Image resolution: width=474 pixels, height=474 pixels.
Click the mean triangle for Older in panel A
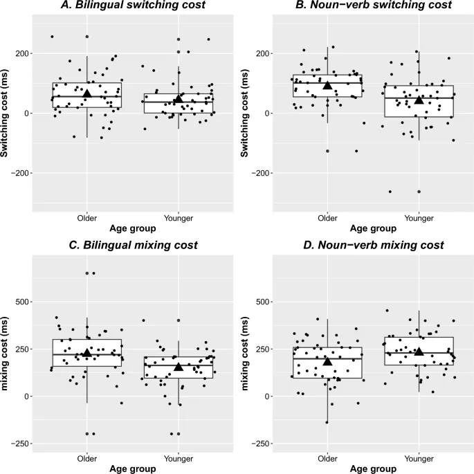(87, 93)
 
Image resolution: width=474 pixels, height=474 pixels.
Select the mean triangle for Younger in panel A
(179, 99)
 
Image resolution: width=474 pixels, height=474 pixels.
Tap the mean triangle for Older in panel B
(327, 84)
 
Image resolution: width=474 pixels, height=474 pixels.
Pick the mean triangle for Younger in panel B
(419, 100)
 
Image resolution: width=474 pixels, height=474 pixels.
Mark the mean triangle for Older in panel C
(87, 352)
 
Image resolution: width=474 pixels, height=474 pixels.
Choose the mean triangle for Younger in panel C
(179, 366)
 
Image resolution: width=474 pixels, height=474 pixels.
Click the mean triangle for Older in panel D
(327, 361)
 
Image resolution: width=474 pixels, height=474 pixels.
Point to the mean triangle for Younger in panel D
(419, 351)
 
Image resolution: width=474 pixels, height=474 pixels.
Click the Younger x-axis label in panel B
(419, 218)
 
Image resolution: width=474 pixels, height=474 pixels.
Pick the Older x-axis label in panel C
(87, 457)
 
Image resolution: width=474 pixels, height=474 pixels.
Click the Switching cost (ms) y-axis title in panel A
(6, 113)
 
